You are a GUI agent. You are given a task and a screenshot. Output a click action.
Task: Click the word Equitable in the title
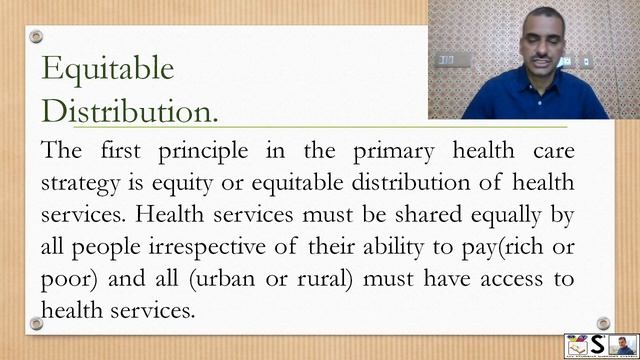click(x=107, y=68)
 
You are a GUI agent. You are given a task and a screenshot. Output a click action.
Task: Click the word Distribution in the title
click(x=126, y=109)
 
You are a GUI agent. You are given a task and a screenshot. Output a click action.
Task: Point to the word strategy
click(x=82, y=183)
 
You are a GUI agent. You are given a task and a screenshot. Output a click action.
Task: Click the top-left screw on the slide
click(x=36, y=37)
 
